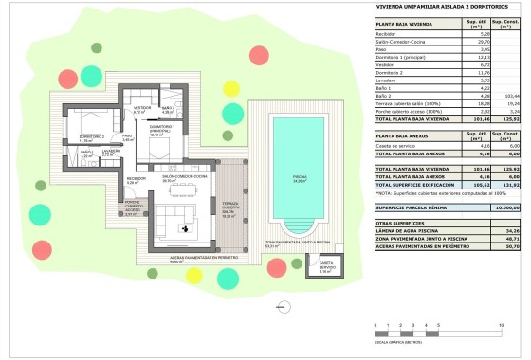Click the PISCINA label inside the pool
(x=300, y=178)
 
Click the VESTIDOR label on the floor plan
(x=142, y=108)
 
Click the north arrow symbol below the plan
(x=280, y=306)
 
